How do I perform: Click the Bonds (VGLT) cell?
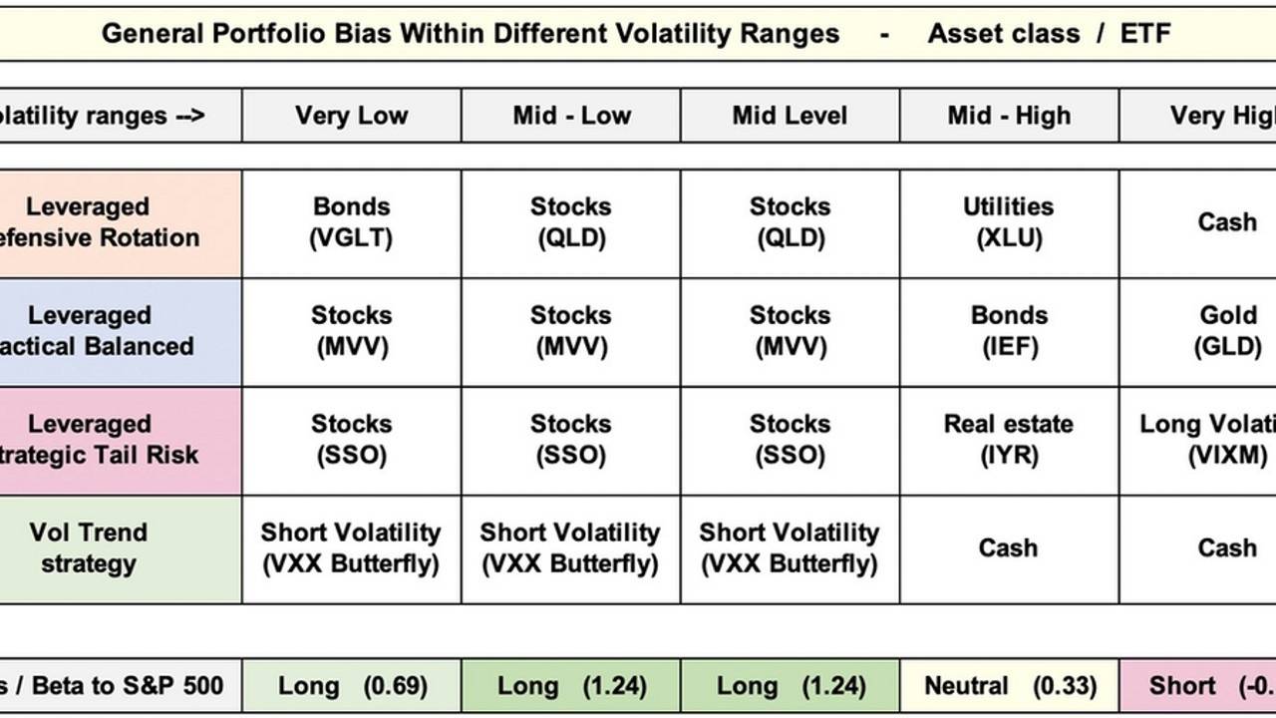pyautogui.click(x=351, y=222)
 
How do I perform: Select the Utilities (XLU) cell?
pyautogui.click(x=1008, y=222)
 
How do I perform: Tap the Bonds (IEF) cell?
pyautogui.click(x=1009, y=331)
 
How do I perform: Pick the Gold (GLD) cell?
pyautogui.click(x=1227, y=331)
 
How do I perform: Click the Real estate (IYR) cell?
pyautogui.click(x=1008, y=440)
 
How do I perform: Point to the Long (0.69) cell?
pyautogui.click(x=352, y=686)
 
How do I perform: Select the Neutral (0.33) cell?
pyautogui.click(x=1009, y=686)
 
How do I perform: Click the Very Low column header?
pyautogui.click(x=351, y=116)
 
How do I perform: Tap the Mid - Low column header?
pyautogui.click(x=571, y=116)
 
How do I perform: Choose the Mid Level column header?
pyautogui.click(x=790, y=116)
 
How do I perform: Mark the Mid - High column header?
pyautogui.click(x=1009, y=116)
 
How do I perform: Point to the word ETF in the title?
pyautogui.click(x=1144, y=34)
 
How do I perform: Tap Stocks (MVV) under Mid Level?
pyautogui.click(x=790, y=331)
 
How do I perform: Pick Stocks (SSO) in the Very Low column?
pyautogui.click(x=351, y=440)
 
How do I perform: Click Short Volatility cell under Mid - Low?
pyautogui.click(x=570, y=548)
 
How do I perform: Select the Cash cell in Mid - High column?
pyautogui.click(x=1008, y=548)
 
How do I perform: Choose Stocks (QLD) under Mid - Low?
pyautogui.click(x=570, y=222)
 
